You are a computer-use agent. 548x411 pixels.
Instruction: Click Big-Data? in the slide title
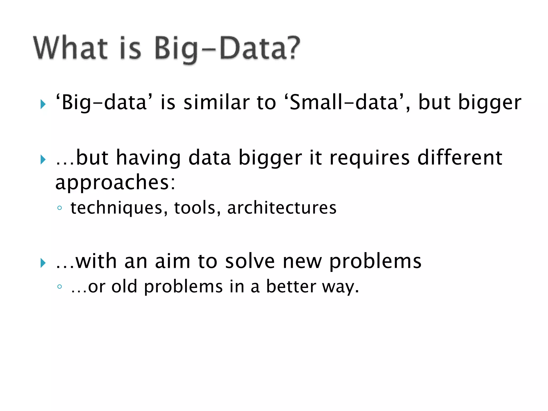coord(227,48)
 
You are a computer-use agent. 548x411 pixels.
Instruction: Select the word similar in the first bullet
coord(216,102)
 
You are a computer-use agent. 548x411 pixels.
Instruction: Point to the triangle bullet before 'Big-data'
coord(43,104)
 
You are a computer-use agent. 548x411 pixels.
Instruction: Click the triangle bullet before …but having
coord(43,159)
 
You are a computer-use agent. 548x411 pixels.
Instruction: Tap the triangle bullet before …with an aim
coord(43,263)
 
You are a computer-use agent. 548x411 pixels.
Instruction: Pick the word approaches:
coord(115,183)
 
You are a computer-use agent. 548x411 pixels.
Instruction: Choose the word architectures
coord(282,208)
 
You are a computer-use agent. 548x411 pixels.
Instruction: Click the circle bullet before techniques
coord(60,208)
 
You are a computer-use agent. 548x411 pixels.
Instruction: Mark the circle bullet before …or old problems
coord(60,287)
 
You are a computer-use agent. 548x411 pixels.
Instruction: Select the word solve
coord(250,261)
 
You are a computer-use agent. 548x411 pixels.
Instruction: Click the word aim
coord(172,261)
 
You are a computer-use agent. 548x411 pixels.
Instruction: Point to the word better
coord(291,286)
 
